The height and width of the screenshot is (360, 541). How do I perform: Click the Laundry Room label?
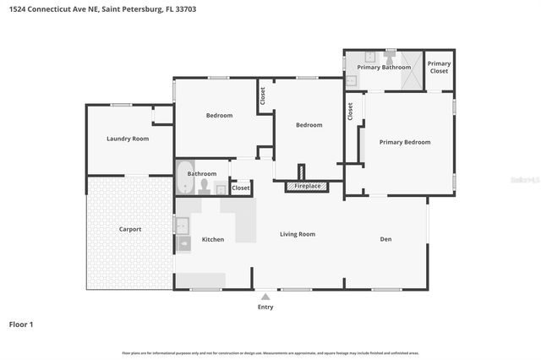click(128, 138)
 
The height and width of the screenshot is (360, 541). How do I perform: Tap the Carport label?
click(129, 229)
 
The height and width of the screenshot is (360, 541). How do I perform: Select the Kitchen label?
click(213, 239)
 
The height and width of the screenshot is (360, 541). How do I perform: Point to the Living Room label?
click(298, 234)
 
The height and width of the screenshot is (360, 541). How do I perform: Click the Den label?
click(385, 239)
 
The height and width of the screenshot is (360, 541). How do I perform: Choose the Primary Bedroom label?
click(404, 142)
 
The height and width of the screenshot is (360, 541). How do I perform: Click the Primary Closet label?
click(439, 68)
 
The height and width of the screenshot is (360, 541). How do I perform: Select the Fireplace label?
click(307, 186)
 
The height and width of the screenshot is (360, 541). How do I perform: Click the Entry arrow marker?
click(265, 297)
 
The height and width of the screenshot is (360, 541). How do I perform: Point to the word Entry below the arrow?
click(265, 307)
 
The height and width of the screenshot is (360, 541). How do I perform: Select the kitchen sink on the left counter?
click(182, 225)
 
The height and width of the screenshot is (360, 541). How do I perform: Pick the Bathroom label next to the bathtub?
click(202, 173)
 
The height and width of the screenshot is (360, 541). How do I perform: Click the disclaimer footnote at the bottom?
click(270, 352)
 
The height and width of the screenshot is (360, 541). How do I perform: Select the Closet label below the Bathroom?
click(241, 188)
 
